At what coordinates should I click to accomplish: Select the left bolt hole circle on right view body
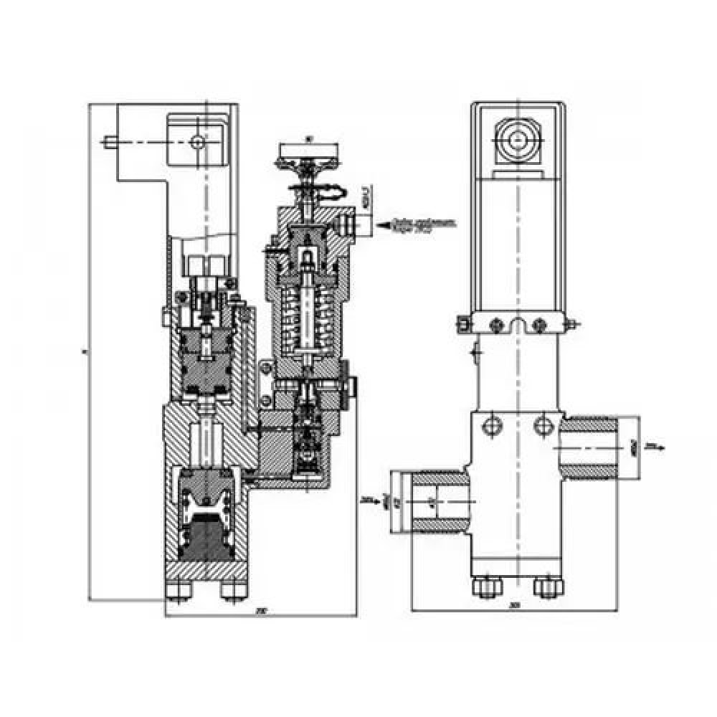[491, 425]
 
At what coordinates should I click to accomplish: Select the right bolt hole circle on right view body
[543, 425]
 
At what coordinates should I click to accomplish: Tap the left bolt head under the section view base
[176, 590]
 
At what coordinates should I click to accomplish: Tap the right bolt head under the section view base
[232, 590]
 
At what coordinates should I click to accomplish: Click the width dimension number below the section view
[262, 611]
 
